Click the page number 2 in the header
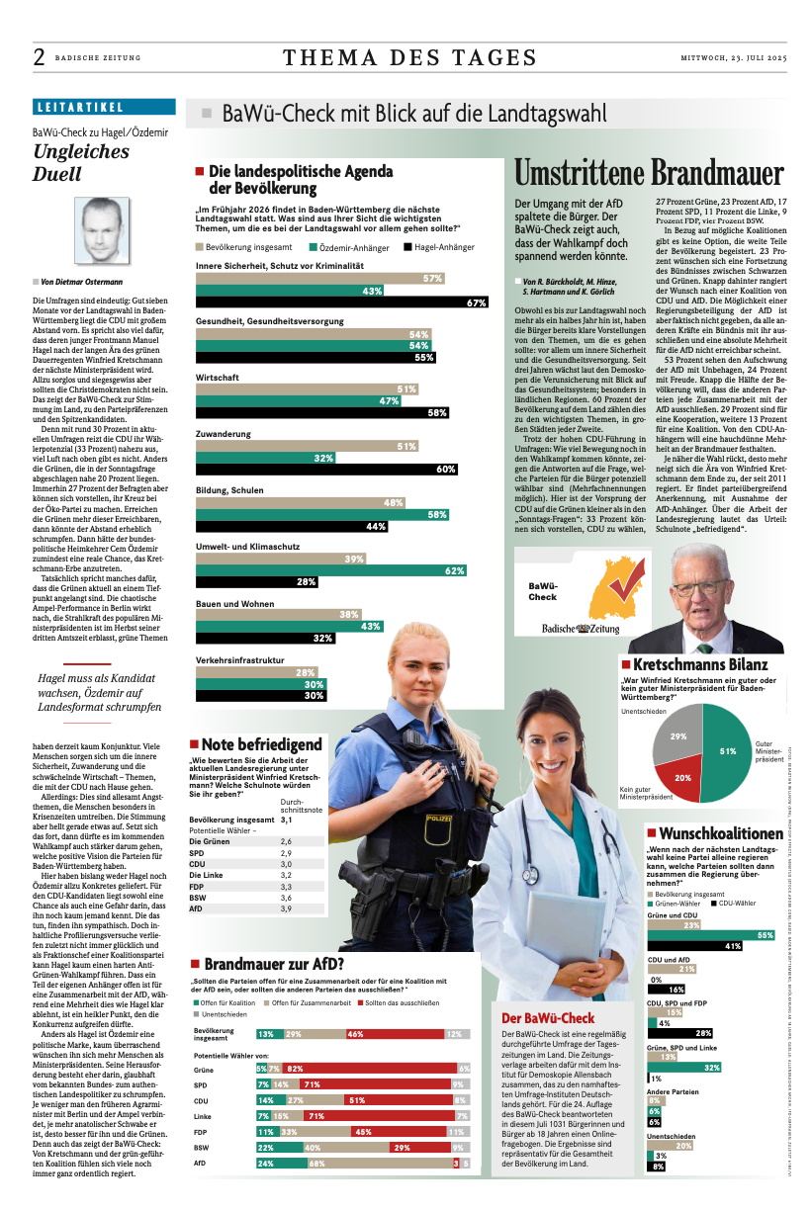39,57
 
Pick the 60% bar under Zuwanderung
327,469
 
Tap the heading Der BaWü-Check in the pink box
547,1017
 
